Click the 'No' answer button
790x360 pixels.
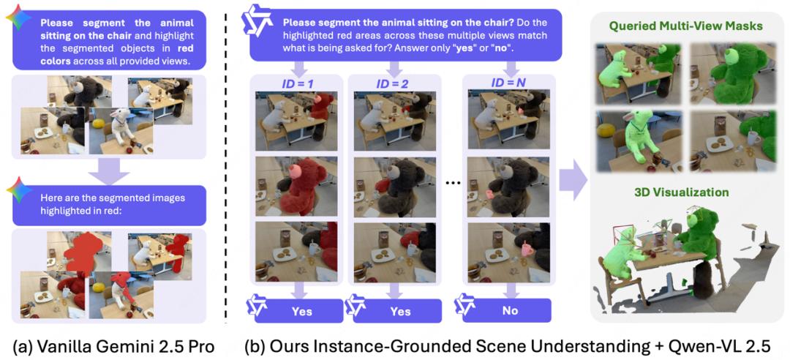point(510,310)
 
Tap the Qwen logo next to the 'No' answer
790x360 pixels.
point(466,307)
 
